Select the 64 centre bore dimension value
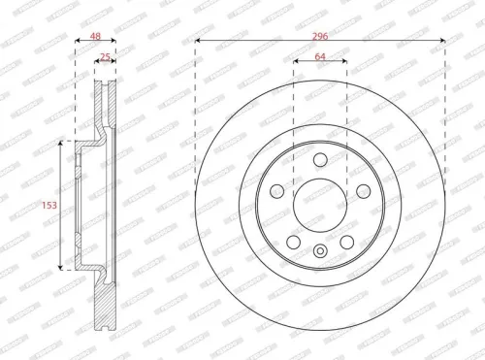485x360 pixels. pyautogui.click(x=320, y=56)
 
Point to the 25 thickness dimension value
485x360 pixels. pyautogui.click(x=105, y=56)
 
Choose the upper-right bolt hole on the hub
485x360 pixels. pyautogui.click(x=362, y=191)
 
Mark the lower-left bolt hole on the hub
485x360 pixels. pyautogui.click(x=294, y=241)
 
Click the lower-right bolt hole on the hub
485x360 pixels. pyautogui.click(x=346, y=241)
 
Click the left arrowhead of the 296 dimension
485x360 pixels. pyautogui.click(x=198, y=42)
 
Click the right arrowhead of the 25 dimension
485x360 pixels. pyautogui.click(x=113, y=64)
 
